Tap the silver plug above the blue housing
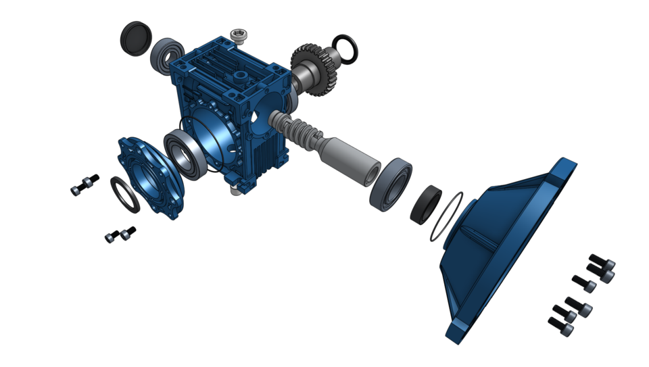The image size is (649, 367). [237, 34]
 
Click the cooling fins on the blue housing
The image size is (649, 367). [274, 152]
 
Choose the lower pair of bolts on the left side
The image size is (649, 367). [120, 235]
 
